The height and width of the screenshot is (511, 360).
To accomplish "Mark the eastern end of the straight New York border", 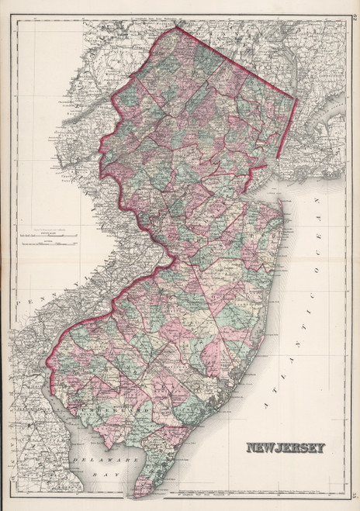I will coord(297,99).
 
